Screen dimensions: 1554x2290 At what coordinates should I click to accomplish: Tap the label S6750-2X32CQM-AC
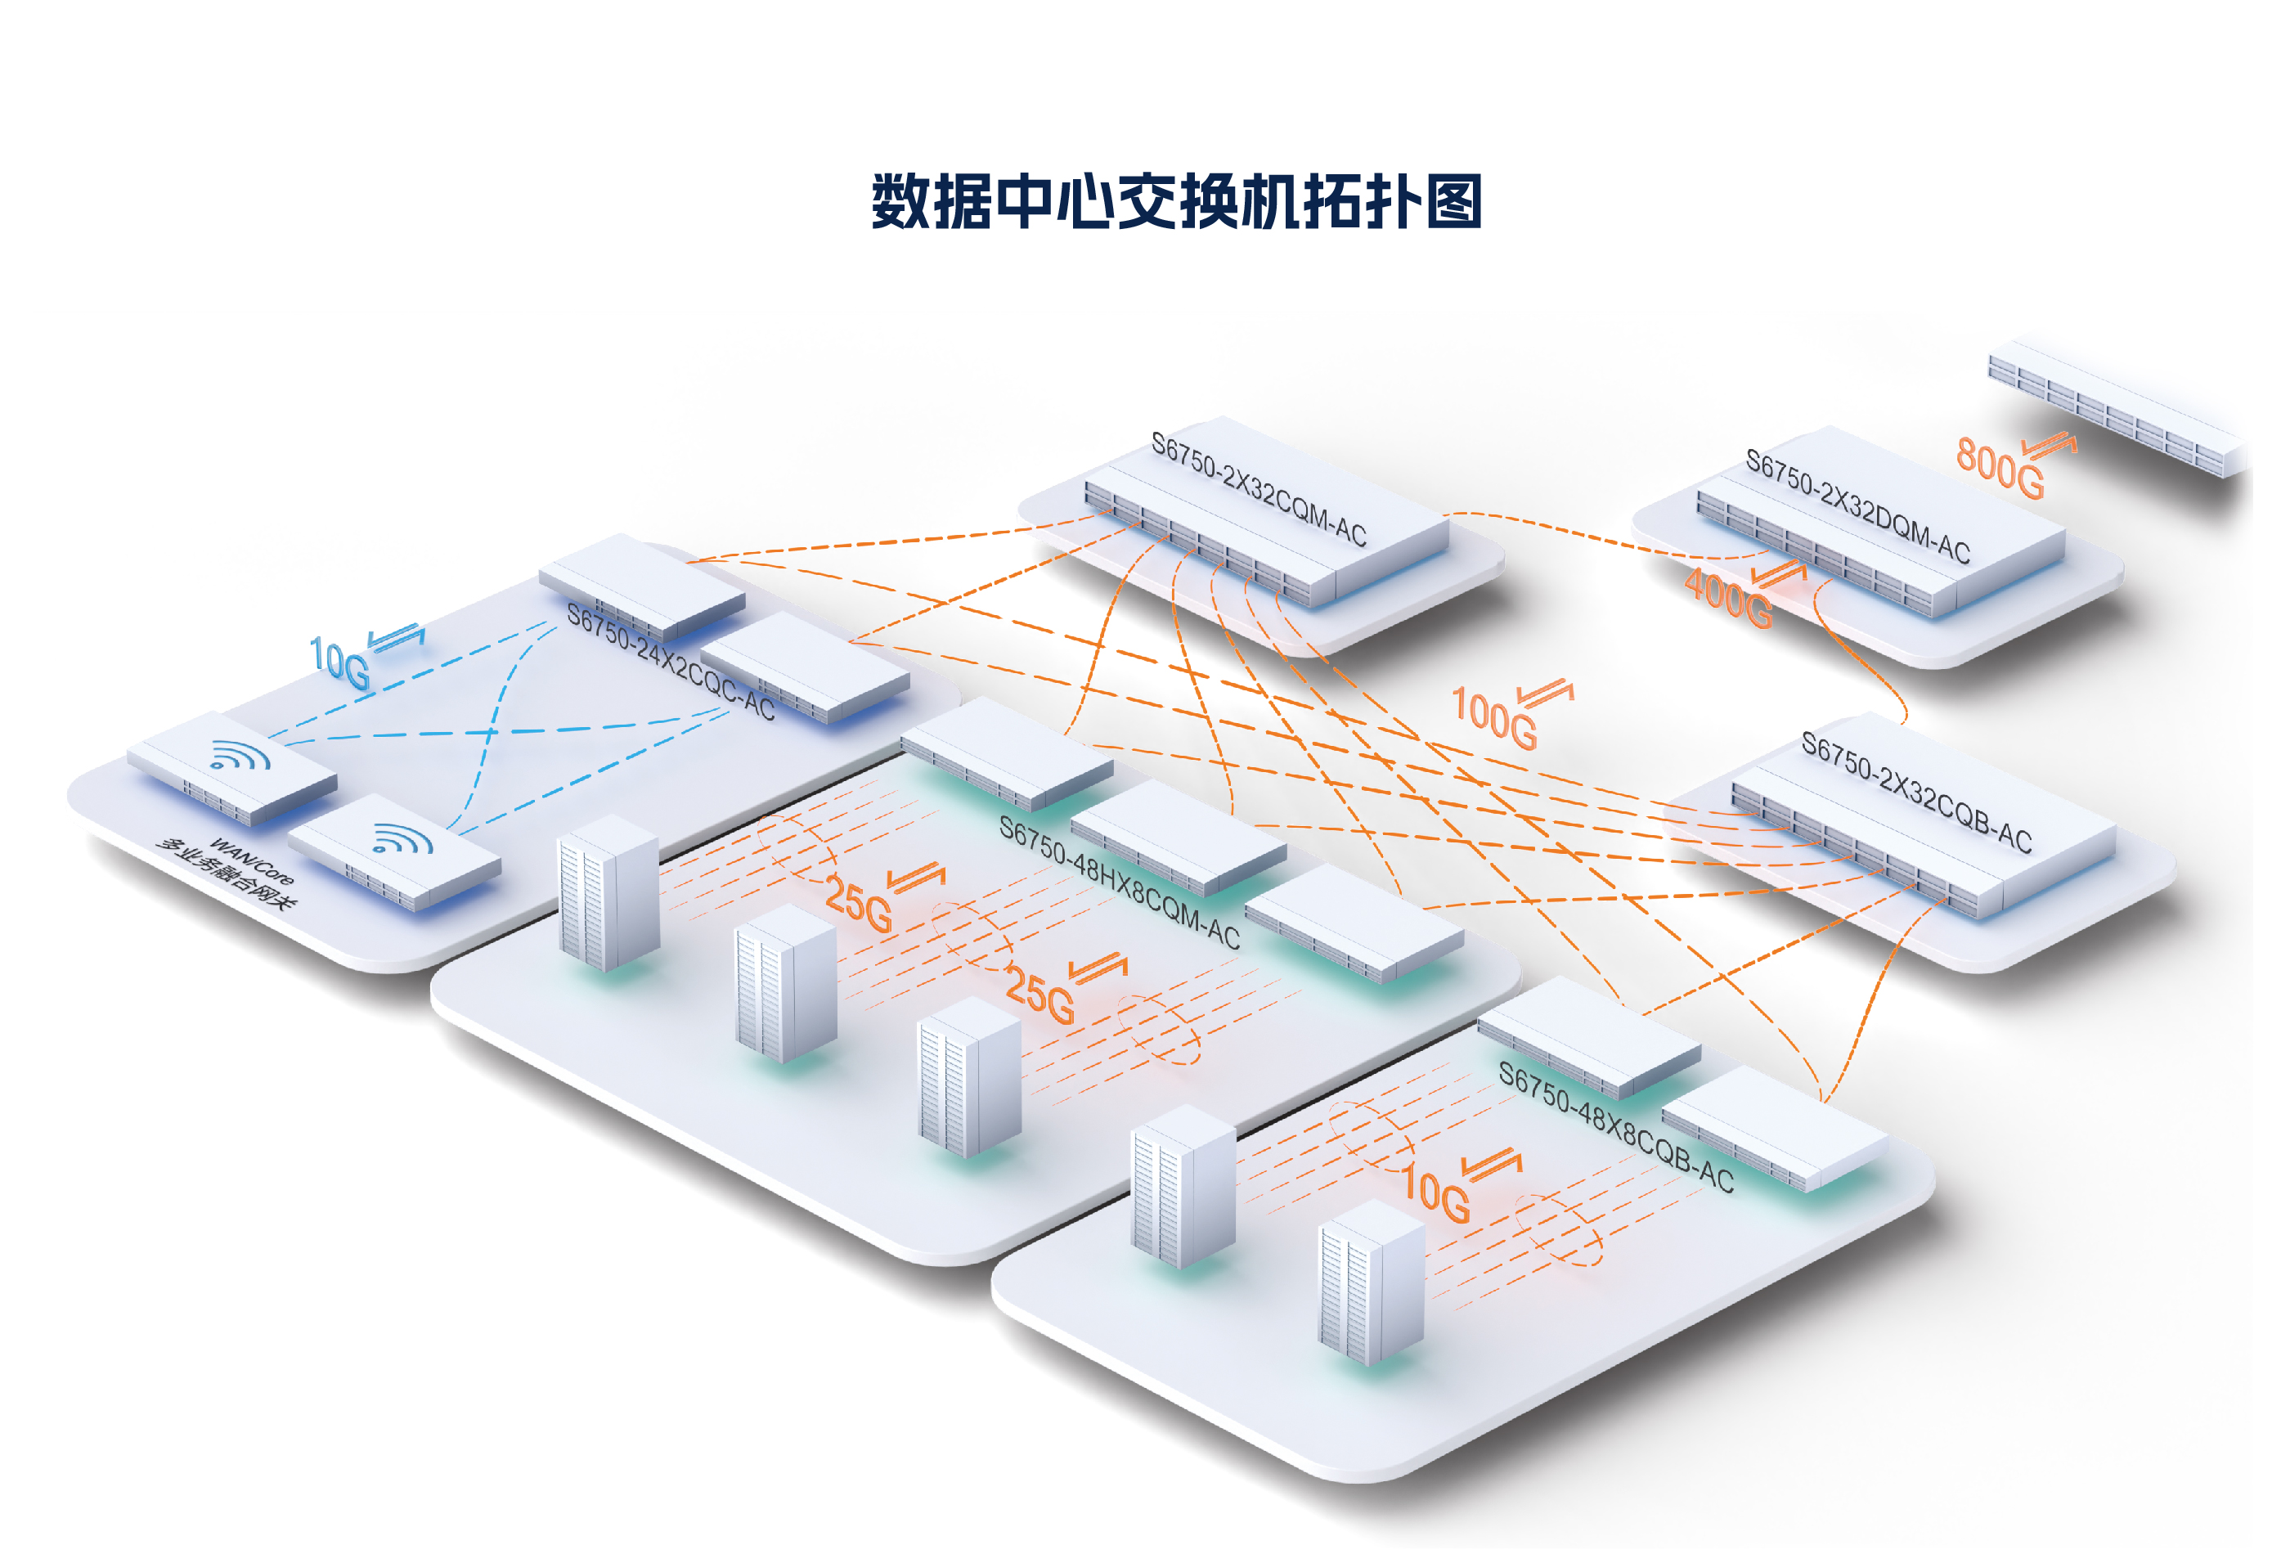click(x=1259, y=490)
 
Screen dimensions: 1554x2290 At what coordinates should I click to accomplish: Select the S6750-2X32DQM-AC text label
click(x=1857, y=506)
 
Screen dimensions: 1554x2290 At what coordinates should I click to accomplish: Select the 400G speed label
click(x=1727, y=597)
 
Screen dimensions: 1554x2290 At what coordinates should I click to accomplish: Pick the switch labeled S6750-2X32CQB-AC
click(x=1921, y=838)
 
